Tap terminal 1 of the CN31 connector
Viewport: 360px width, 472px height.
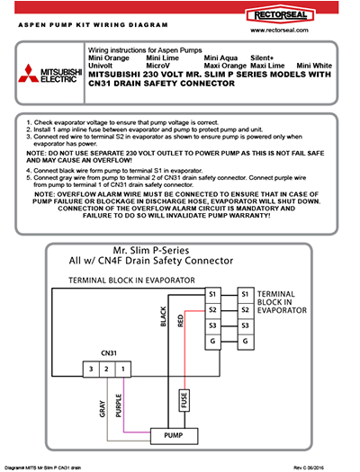tap(123, 370)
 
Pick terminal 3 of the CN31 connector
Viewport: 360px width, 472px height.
tap(90, 370)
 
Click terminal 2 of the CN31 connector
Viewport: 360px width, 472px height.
tap(106, 370)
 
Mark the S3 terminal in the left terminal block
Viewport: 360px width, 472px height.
tap(212, 325)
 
